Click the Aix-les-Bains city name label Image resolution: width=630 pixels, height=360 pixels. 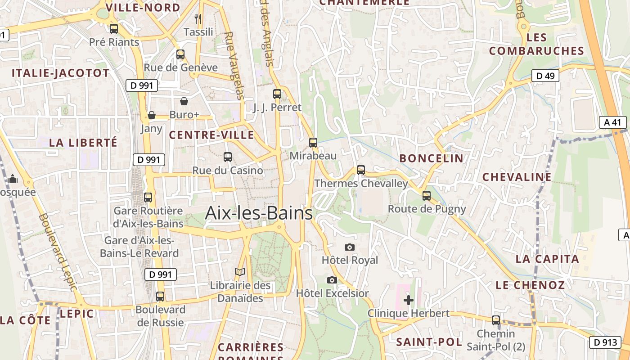259,213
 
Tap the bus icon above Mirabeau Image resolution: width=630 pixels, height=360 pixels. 313,143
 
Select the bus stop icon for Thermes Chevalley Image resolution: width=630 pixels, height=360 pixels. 361,170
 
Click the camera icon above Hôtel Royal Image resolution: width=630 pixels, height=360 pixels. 349,247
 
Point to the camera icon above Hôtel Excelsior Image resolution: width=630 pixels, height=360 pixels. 332,280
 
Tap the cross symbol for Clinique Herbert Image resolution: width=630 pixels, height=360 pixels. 409,300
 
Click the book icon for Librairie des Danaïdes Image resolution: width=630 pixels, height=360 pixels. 240,272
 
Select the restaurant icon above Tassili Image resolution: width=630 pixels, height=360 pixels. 198,18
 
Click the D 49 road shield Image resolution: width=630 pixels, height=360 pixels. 545,76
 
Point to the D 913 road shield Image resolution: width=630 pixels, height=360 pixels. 605,342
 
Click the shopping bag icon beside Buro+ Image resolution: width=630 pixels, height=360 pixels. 184,101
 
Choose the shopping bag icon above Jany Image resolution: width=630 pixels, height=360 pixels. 152,115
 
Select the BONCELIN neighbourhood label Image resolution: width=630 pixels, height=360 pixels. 431,158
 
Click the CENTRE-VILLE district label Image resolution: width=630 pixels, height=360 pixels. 211,135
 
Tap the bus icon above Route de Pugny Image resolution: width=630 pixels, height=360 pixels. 427,196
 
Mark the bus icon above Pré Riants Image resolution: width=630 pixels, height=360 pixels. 114,29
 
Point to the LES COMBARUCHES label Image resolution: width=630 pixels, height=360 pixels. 536,44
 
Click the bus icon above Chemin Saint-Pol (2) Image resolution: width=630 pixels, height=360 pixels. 496,320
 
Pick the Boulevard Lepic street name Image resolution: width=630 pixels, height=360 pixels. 58,252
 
